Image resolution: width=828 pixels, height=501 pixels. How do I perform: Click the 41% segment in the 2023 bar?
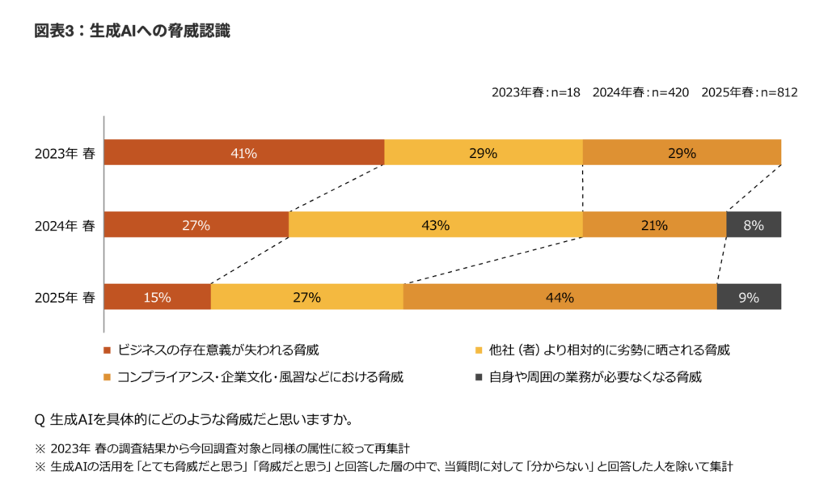point(244,153)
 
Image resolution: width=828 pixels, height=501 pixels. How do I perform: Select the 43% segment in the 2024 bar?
point(435,225)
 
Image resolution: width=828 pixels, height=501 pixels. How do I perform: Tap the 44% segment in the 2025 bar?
point(560,297)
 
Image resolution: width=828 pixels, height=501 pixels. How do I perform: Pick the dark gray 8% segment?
point(754,225)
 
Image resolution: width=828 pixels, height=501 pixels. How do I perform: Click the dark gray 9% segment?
point(749,297)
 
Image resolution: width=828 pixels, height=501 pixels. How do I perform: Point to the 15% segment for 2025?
point(158,297)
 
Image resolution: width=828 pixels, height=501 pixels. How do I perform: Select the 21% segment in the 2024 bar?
point(654,225)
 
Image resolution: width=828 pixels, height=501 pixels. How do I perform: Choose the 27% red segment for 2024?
point(196,225)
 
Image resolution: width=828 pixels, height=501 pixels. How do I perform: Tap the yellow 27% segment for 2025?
point(306,297)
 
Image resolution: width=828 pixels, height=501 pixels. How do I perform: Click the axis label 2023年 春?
point(65,153)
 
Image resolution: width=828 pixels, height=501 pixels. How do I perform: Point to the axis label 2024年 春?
point(65,225)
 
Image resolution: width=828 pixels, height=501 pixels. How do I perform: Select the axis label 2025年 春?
point(65,297)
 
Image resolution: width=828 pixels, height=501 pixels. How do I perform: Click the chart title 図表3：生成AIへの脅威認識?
point(132,32)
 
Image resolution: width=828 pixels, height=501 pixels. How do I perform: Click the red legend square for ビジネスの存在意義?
point(108,351)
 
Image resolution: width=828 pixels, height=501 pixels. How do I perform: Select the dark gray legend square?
point(479,377)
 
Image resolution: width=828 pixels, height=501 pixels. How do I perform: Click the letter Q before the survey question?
point(39,419)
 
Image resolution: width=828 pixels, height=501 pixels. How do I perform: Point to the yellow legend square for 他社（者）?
point(479,351)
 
